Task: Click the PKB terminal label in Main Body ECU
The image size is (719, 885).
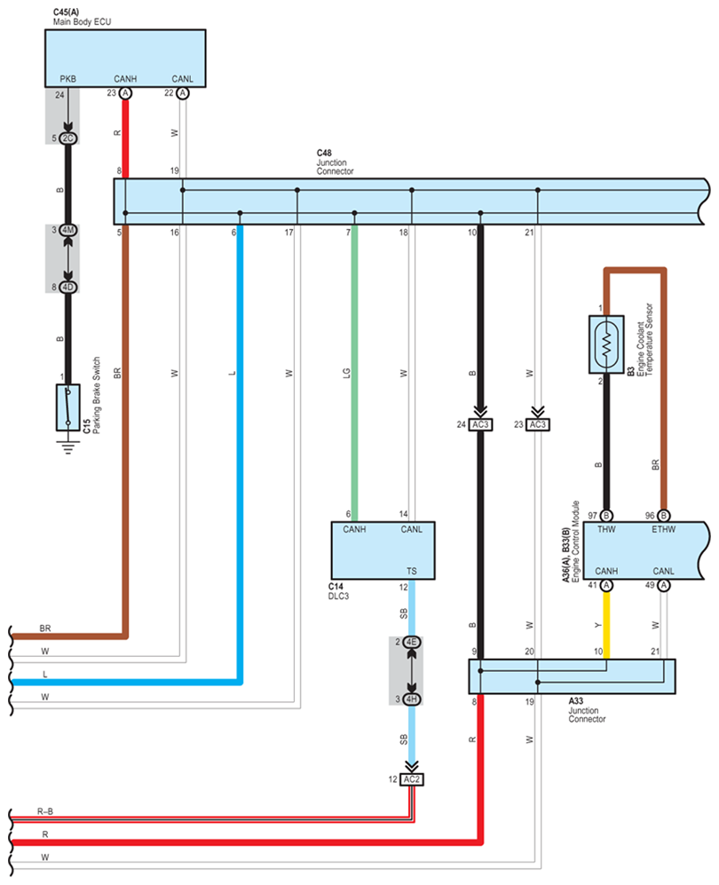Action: point(67,79)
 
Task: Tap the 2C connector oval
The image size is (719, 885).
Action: point(68,138)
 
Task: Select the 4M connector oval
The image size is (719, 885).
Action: point(68,230)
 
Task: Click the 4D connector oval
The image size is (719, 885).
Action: point(68,288)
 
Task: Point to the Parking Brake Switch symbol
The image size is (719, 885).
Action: point(67,407)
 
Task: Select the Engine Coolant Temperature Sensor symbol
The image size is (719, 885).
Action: point(606,344)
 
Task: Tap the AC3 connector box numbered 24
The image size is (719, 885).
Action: point(480,424)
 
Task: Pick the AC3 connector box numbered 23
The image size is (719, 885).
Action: point(538,424)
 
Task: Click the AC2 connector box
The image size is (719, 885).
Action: point(411,779)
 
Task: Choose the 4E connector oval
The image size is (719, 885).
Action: point(412,643)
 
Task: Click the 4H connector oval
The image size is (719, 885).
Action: point(412,699)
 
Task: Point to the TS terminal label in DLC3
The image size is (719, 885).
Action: point(411,571)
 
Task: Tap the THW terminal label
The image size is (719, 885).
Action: point(606,529)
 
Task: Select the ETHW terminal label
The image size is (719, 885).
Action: point(664,529)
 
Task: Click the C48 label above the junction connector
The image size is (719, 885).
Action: point(324,153)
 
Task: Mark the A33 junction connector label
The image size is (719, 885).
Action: point(576,701)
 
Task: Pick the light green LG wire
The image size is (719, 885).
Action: point(354,373)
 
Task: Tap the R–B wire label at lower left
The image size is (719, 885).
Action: point(45,811)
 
